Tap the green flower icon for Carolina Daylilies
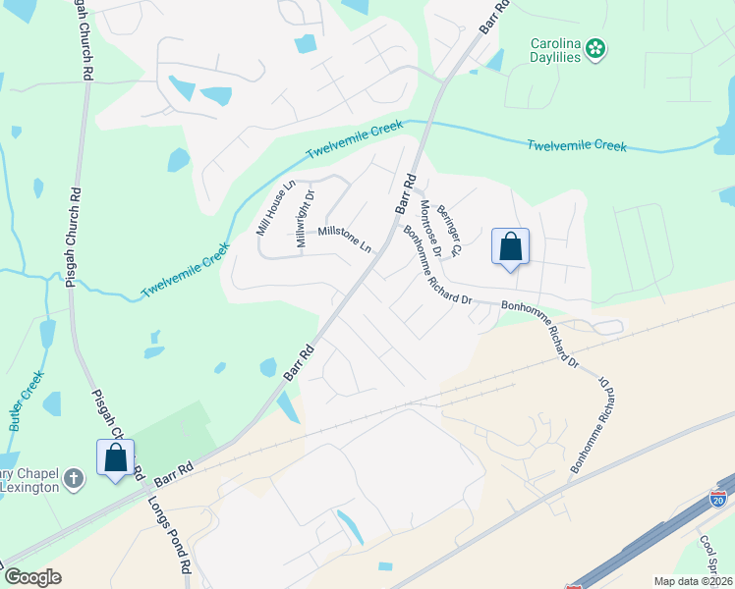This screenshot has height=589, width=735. pyautogui.click(x=595, y=45)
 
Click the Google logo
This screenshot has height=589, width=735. pyautogui.click(x=32, y=577)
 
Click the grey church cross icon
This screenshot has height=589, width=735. pyautogui.click(x=73, y=479)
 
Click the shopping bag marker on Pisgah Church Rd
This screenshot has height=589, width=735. pyautogui.click(x=115, y=457)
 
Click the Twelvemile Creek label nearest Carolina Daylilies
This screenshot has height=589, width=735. pyautogui.click(x=576, y=145)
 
